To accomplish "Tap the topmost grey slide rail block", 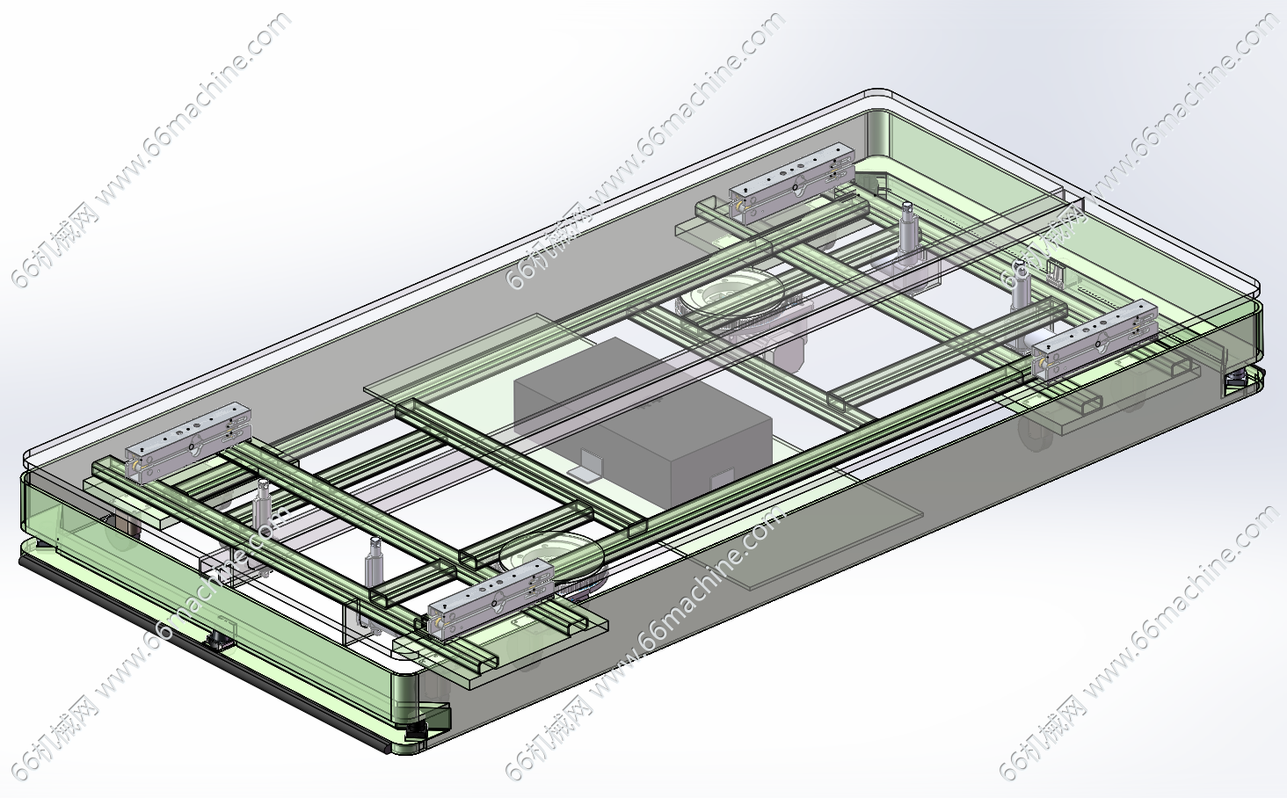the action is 792,184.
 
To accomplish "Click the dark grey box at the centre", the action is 643,422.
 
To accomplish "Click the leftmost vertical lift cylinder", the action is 263,504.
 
